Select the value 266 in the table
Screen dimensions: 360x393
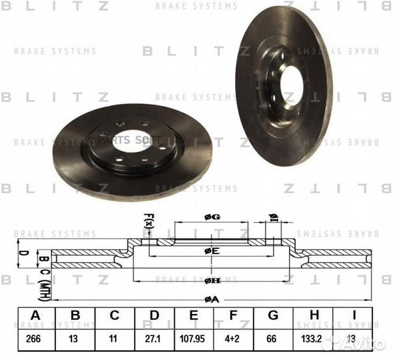click(34, 339)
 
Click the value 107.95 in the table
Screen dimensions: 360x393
click(193, 339)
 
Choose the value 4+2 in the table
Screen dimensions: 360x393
click(232, 339)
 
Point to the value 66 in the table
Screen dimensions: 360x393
click(272, 339)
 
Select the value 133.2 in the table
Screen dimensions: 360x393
click(312, 339)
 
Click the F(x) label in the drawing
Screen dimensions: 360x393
click(149, 221)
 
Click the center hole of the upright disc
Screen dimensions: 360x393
click(293, 84)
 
